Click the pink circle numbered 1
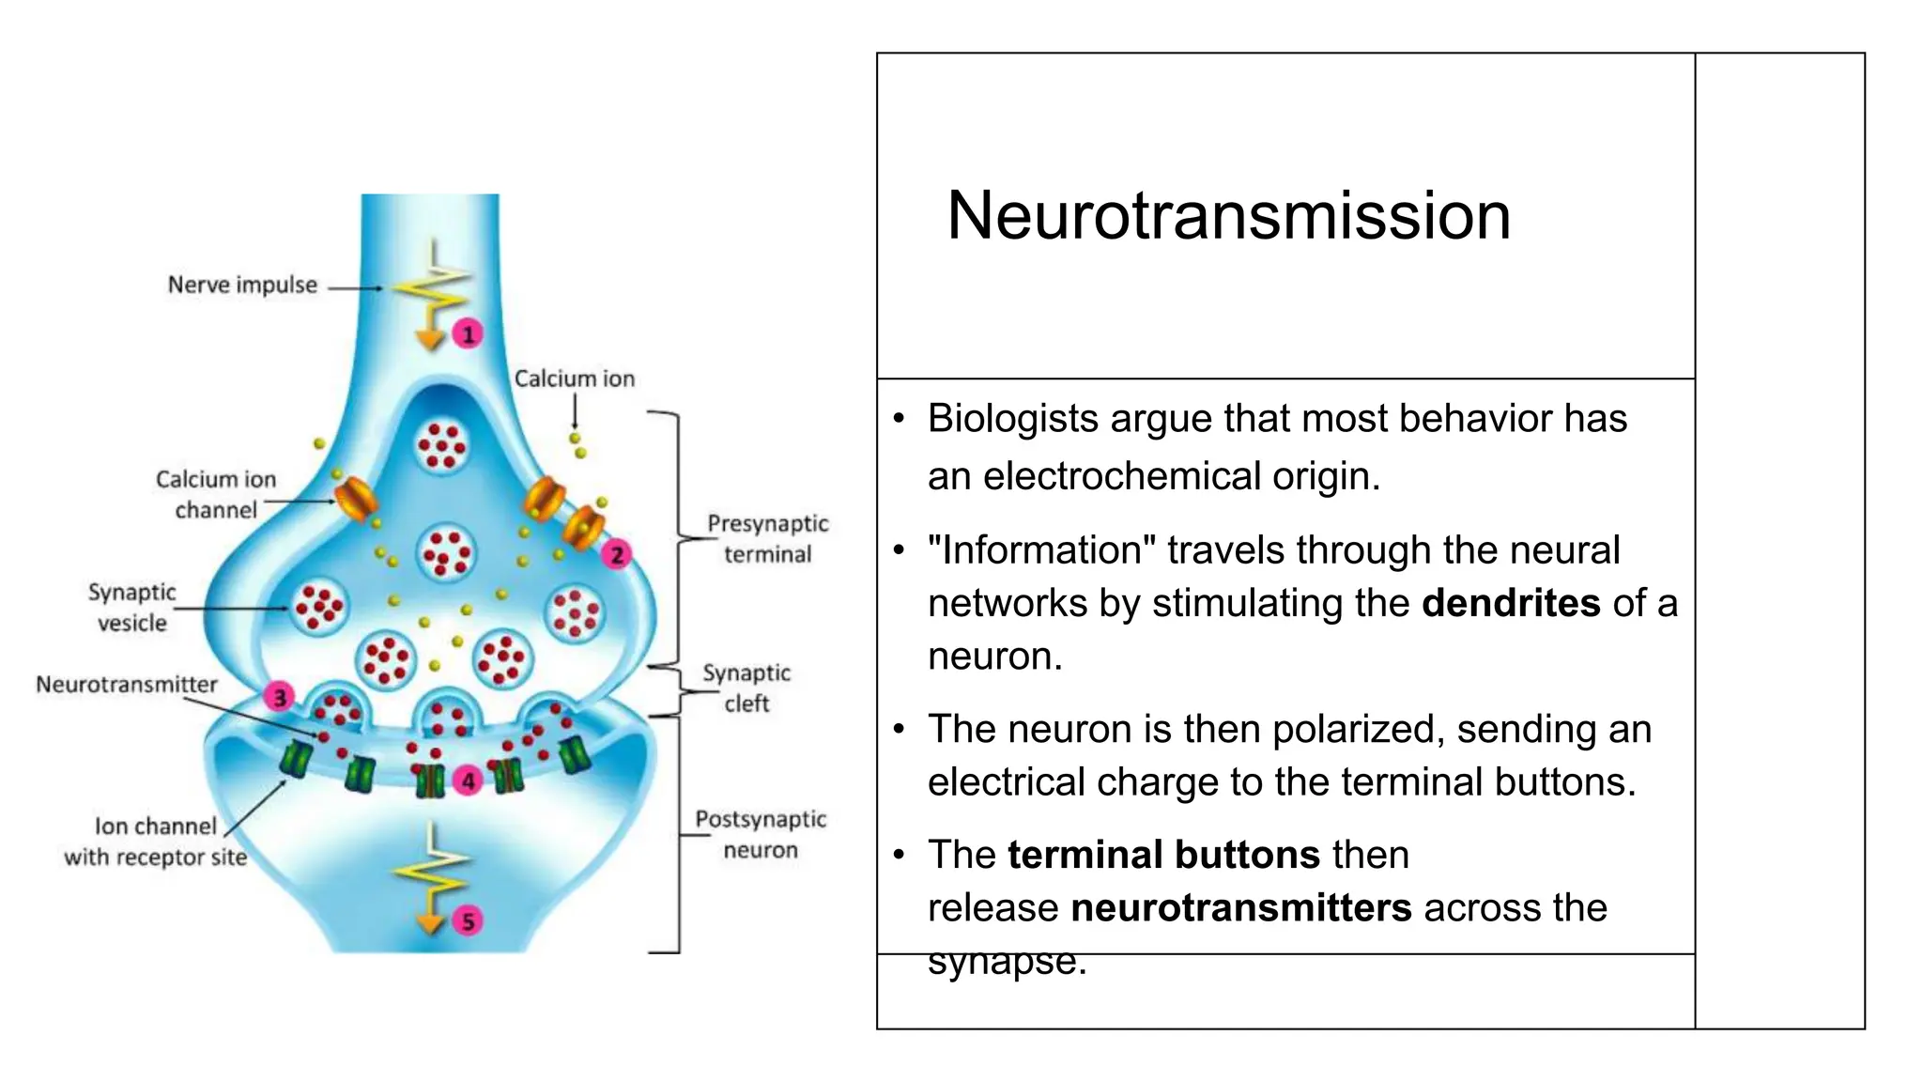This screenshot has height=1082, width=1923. (x=468, y=333)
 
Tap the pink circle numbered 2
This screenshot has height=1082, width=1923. (x=617, y=554)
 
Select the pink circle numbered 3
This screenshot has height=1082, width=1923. (x=279, y=697)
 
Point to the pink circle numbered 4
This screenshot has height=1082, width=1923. (x=468, y=781)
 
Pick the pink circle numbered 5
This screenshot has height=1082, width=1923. (x=468, y=921)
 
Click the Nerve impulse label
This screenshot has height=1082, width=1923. (x=242, y=285)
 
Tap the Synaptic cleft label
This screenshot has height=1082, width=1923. (x=746, y=688)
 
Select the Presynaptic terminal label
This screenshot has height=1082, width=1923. (x=767, y=538)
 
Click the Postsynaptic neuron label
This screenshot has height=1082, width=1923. (x=761, y=834)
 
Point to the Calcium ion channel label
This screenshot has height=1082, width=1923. (x=216, y=494)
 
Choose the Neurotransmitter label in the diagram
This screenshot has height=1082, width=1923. (x=127, y=684)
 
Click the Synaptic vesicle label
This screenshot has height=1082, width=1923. (x=132, y=607)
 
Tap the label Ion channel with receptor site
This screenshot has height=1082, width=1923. (x=156, y=841)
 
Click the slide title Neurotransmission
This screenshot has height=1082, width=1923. (x=1228, y=216)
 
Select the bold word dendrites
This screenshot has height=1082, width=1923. (x=1510, y=603)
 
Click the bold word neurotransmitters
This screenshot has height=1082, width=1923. (x=1240, y=908)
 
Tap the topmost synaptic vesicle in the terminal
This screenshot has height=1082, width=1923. (x=442, y=444)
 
